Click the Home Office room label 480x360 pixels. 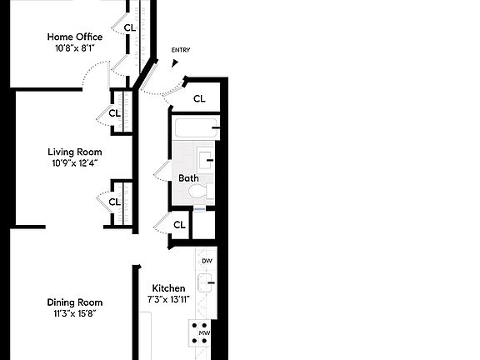(75, 37)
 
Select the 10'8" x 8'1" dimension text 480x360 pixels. (75, 48)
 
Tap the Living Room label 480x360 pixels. (75, 152)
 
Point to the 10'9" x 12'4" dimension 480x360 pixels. (75, 163)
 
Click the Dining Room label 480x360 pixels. (74, 302)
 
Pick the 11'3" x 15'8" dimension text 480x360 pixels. (74, 314)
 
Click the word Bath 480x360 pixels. (187, 178)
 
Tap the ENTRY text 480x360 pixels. (181, 50)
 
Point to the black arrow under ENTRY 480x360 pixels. (175, 62)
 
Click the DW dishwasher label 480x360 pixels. (207, 261)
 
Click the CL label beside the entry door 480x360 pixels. (199, 98)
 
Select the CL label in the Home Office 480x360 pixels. (129, 27)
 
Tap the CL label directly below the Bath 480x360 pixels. (179, 225)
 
